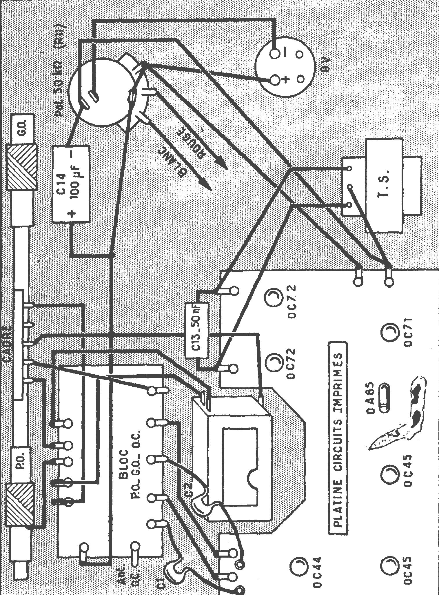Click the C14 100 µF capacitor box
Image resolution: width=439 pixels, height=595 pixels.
(x=70, y=183)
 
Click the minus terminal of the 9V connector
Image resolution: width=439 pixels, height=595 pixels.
(x=274, y=54)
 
